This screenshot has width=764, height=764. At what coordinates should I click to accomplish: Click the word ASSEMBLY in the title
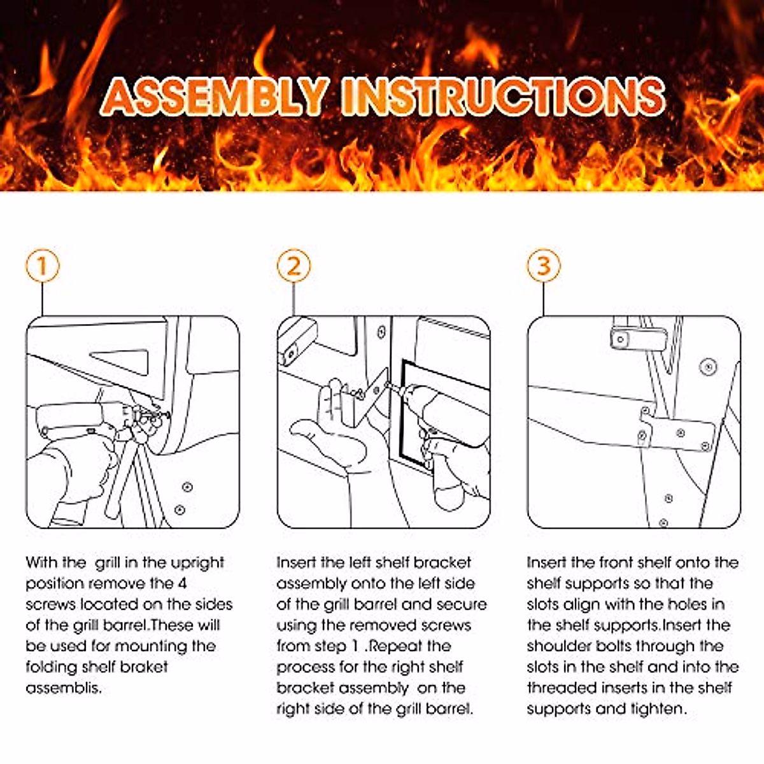pyautogui.click(x=217, y=96)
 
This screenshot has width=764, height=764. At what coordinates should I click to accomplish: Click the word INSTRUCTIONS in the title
pyautogui.click(x=503, y=96)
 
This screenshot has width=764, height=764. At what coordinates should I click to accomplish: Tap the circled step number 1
pyautogui.click(x=43, y=265)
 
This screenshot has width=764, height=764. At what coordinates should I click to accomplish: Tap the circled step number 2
pyautogui.click(x=294, y=265)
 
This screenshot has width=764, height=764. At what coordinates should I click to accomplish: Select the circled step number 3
pyautogui.click(x=544, y=265)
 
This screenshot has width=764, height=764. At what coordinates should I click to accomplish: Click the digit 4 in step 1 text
pyautogui.click(x=182, y=584)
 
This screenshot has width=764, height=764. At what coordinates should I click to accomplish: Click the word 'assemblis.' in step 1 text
pyautogui.click(x=64, y=688)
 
